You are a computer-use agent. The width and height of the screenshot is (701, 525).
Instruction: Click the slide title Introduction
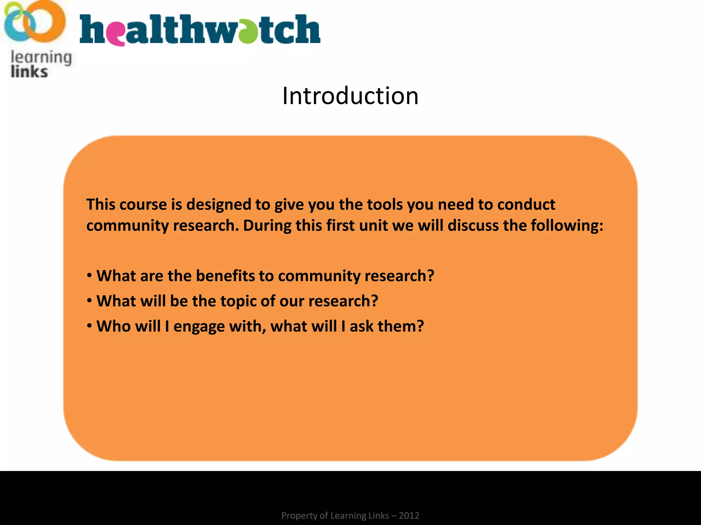click(x=350, y=96)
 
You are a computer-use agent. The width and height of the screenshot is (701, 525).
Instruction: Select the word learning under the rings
click(x=41, y=57)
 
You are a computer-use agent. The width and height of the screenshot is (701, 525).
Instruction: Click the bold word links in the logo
click(x=29, y=72)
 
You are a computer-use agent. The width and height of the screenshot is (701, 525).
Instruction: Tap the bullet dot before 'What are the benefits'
click(x=89, y=275)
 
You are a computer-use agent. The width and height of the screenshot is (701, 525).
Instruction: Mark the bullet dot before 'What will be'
click(x=89, y=301)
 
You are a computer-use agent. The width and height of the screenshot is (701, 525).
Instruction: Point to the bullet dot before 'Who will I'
click(x=89, y=326)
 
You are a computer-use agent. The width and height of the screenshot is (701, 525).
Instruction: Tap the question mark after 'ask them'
click(x=419, y=326)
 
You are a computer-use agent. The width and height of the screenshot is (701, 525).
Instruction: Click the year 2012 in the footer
click(x=409, y=515)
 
